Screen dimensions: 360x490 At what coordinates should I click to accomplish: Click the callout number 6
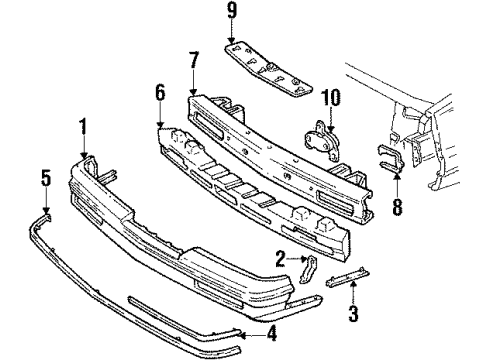pyautogui.click(x=159, y=95)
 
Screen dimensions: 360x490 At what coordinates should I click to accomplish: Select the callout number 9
pyautogui.click(x=231, y=13)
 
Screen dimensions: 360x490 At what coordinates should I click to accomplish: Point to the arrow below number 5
pyautogui.click(x=46, y=202)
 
